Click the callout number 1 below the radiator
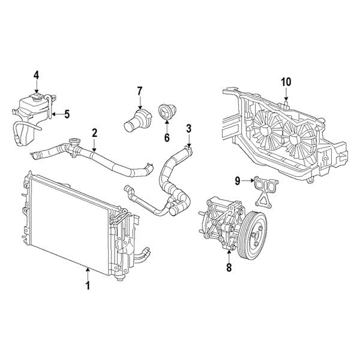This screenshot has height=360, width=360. click(x=88, y=286)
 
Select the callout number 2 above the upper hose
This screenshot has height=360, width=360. click(x=95, y=133)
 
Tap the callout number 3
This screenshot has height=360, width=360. click(x=188, y=129)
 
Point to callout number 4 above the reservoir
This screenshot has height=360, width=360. click(x=37, y=76)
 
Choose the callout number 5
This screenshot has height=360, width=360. click(x=67, y=114)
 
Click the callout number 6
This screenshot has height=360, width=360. click(x=167, y=137)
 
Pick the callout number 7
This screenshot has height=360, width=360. click(x=140, y=91)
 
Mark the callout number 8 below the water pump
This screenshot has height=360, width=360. click(x=229, y=267)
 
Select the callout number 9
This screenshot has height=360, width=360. click(x=238, y=181)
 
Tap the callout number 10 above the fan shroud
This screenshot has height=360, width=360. click(x=286, y=82)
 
